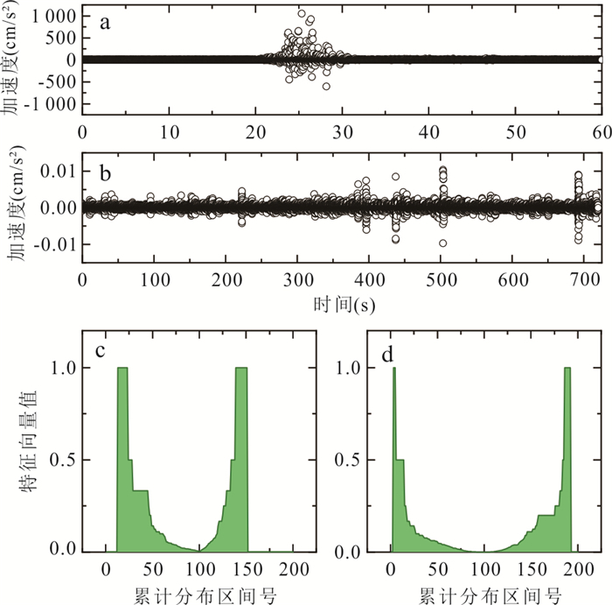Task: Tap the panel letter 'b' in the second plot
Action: [x=105, y=172]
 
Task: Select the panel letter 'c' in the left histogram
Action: [x=101, y=351]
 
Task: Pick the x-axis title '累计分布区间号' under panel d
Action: [x=483, y=594]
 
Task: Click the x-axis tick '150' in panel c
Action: [x=248, y=571]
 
